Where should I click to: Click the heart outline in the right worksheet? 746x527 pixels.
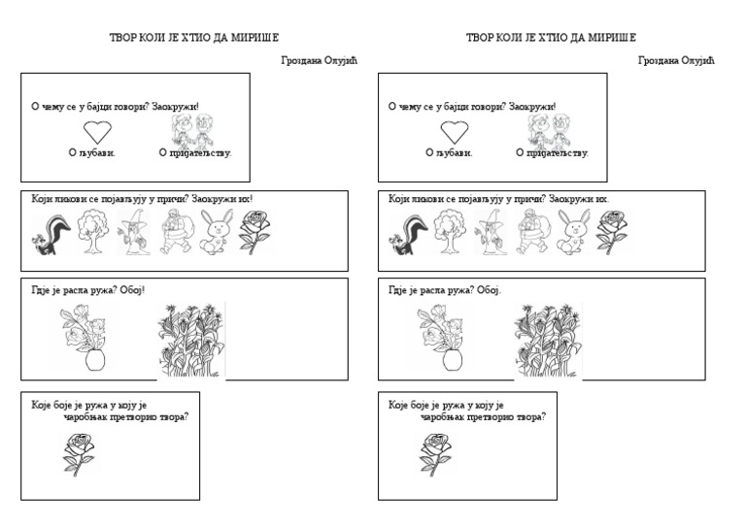[x=453, y=132]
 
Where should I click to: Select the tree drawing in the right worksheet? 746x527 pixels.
[x=450, y=232]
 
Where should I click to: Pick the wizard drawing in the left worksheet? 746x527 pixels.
[x=133, y=233]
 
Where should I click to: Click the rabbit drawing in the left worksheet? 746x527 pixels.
[x=217, y=233]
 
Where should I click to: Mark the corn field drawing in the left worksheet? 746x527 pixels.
[x=191, y=339]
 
